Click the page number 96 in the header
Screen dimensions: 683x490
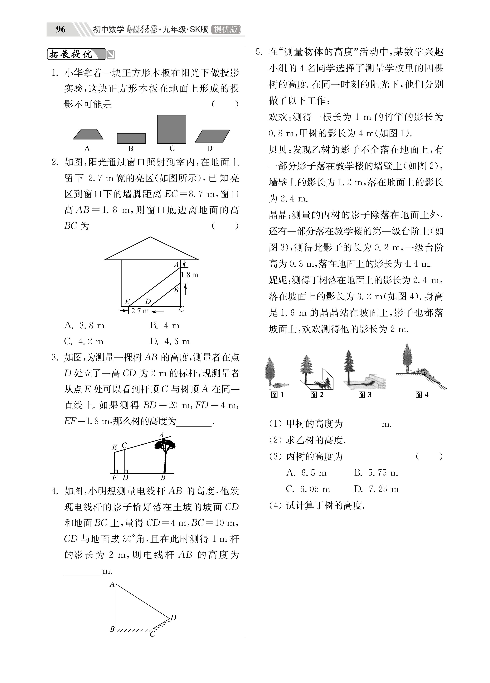pyautogui.click(x=61, y=29)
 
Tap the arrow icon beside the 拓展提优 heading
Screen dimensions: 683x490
pyautogui.click(x=111, y=55)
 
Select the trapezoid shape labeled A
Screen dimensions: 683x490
pyautogui.click(x=88, y=134)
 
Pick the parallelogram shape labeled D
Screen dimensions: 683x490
pyautogui.click(x=212, y=136)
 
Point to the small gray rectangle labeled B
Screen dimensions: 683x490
pyautogui.click(x=131, y=138)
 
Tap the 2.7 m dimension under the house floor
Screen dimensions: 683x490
pyautogui.click(x=140, y=311)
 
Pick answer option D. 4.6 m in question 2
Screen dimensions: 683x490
pyautogui.click(x=170, y=342)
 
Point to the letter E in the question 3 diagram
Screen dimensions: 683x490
pyautogui.click(x=114, y=447)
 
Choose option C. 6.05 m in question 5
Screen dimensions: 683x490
pyautogui.click(x=308, y=489)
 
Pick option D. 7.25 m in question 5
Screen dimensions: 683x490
pyautogui.click(x=376, y=489)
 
